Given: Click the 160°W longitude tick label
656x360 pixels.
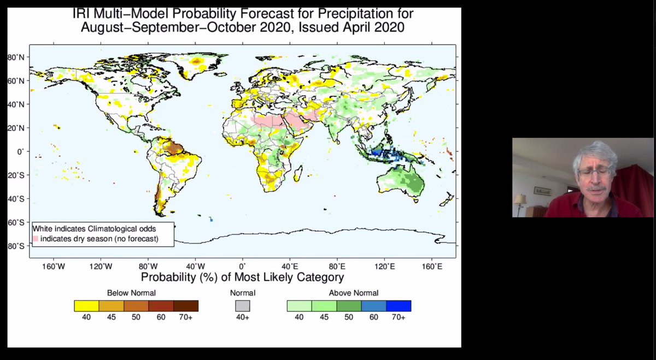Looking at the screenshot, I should pyautogui.click(x=54, y=267).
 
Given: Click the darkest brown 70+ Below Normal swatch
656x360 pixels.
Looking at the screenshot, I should pyautogui.click(x=186, y=306).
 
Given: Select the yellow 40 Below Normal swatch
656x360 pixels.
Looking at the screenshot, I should pyautogui.click(x=86, y=306).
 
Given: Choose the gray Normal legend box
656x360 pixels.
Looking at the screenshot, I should pyautogui.click(x=243, y=306).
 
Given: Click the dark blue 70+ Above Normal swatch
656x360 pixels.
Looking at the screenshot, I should pyautogui.click(x=399, y=306).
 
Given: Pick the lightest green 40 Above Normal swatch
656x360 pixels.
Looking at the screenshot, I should pyautogui.click(x=299, y=306).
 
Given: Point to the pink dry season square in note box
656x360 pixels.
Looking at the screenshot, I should pyautogui.click(x=36, y=239).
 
